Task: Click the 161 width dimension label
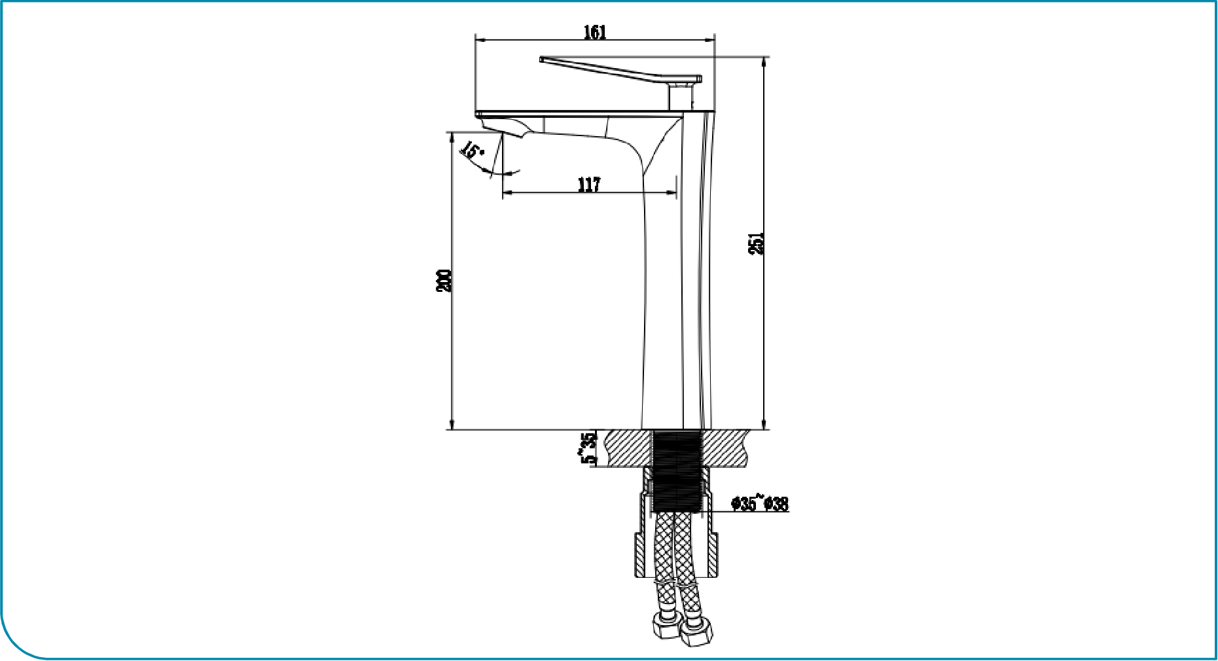(x=595, y=32)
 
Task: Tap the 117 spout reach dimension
(x=589, y=185)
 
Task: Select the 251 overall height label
(x=756, y=243)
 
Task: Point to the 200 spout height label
(x=444, y=280)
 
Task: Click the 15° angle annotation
(x=472, y=150)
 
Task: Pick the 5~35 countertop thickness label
(x=589, y=448)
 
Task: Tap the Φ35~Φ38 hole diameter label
(x=760, y=503)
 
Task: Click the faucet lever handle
(x=620, y=70)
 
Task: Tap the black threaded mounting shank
(x=678, y=470)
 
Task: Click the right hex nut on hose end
(x=695, y=634)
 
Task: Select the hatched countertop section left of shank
(x=629, y=448)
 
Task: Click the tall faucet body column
(x=678, y=272)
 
